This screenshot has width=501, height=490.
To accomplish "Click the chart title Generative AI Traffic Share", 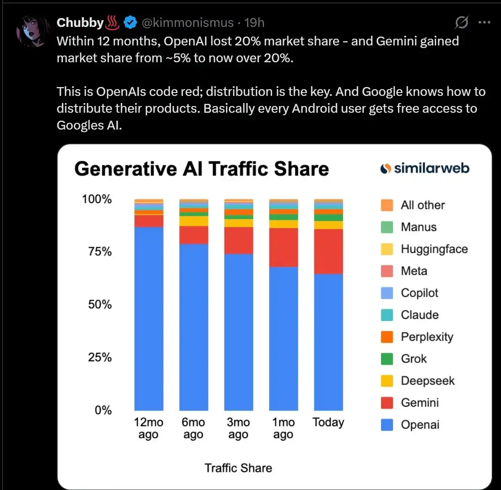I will pos(201,169).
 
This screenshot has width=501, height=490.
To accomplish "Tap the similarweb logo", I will pos(424,168).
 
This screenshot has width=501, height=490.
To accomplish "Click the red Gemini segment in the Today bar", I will pos(328,251).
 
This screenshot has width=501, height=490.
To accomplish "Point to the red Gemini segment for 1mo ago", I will pos(283,247).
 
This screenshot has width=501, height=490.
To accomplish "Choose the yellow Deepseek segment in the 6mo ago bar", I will pos(194,221).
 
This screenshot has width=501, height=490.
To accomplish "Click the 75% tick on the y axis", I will pos(100,252).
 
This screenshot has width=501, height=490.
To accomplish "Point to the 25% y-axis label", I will pos(100,358).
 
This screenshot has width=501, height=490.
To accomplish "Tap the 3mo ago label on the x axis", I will pos(238,428).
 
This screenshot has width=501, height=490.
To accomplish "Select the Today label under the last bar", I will pos(328,422).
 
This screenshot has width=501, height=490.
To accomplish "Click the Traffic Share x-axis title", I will pos(238,468).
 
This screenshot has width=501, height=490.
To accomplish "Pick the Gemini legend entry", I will pos(419,403).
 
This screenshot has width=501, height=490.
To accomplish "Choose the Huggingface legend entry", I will pos(434,249).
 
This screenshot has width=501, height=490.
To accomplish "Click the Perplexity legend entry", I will pos(427,337).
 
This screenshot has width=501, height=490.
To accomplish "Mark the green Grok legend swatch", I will pos(387,359).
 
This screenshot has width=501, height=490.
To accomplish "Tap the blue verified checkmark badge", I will pos(130,22).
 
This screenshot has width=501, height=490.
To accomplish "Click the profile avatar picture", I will pos(32,31).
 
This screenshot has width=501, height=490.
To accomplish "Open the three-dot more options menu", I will pos(485,22).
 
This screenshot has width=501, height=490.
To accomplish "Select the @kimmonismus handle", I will pos(188,22).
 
